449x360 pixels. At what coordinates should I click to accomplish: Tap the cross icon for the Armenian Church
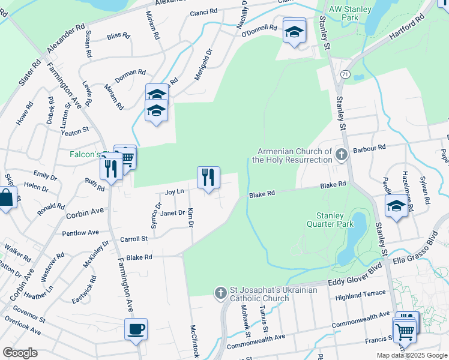click(x=342, y=155)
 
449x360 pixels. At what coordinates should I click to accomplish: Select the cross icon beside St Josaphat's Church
click(x=220, y=293)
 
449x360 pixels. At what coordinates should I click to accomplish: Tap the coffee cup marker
click(x=136, y=329)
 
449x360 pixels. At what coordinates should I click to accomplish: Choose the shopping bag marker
click(x=6, y=198)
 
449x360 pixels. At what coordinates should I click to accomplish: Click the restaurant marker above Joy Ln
click(x=208, y=178)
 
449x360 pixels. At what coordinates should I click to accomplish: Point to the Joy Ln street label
click(x=173, y=192)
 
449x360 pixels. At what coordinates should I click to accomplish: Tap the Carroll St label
click(x=134, y=239)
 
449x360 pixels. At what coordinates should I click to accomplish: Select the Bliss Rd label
click(x=118, y=35)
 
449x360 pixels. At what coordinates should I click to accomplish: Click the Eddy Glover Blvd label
click(x=354, y=280)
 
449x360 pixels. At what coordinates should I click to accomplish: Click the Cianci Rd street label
click(x=203, y=12)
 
